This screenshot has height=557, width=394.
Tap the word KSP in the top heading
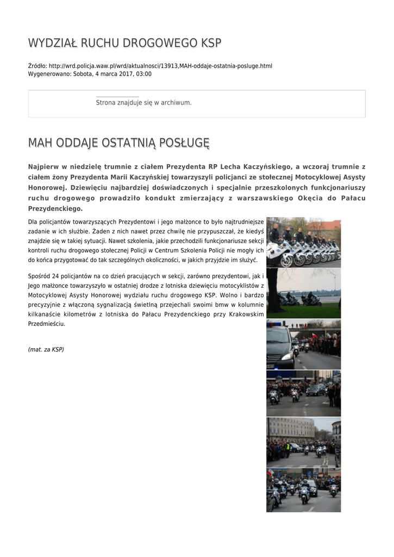point(211,43)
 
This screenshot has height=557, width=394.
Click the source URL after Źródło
point(161,66)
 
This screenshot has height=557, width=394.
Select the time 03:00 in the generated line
point(144,74)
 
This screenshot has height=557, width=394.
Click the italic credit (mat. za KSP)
point(46,349)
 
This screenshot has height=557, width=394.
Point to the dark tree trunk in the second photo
point(272,296)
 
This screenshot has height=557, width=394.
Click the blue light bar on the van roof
point(277,326)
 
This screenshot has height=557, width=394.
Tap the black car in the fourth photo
point(316,390)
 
